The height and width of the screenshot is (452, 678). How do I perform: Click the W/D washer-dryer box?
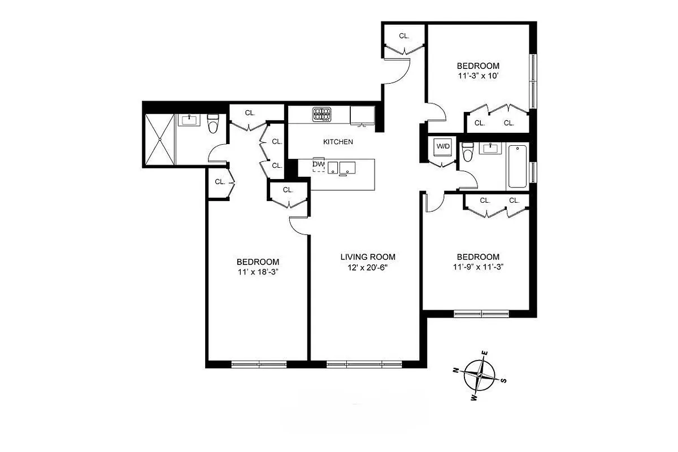(x=442, y=147)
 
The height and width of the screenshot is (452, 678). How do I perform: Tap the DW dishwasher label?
(x=318, y=164)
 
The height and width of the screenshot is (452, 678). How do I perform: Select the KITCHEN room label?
(x=338, y=142)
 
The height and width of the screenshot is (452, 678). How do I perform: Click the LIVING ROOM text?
(x=367, y=257)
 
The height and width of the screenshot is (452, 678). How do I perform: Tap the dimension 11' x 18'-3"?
(x=258, y=272)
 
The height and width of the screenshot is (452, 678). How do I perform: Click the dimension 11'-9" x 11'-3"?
(x=478, y=267)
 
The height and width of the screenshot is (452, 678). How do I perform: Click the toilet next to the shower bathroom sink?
(x=213, y=123)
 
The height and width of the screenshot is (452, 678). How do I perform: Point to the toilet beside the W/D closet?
(x=467, y=152)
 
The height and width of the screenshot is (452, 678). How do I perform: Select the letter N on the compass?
(x=455, y=370)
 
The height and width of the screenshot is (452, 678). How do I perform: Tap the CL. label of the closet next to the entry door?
(x=404, y=36)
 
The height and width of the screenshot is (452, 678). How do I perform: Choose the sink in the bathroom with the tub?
(x=489, y=149)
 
